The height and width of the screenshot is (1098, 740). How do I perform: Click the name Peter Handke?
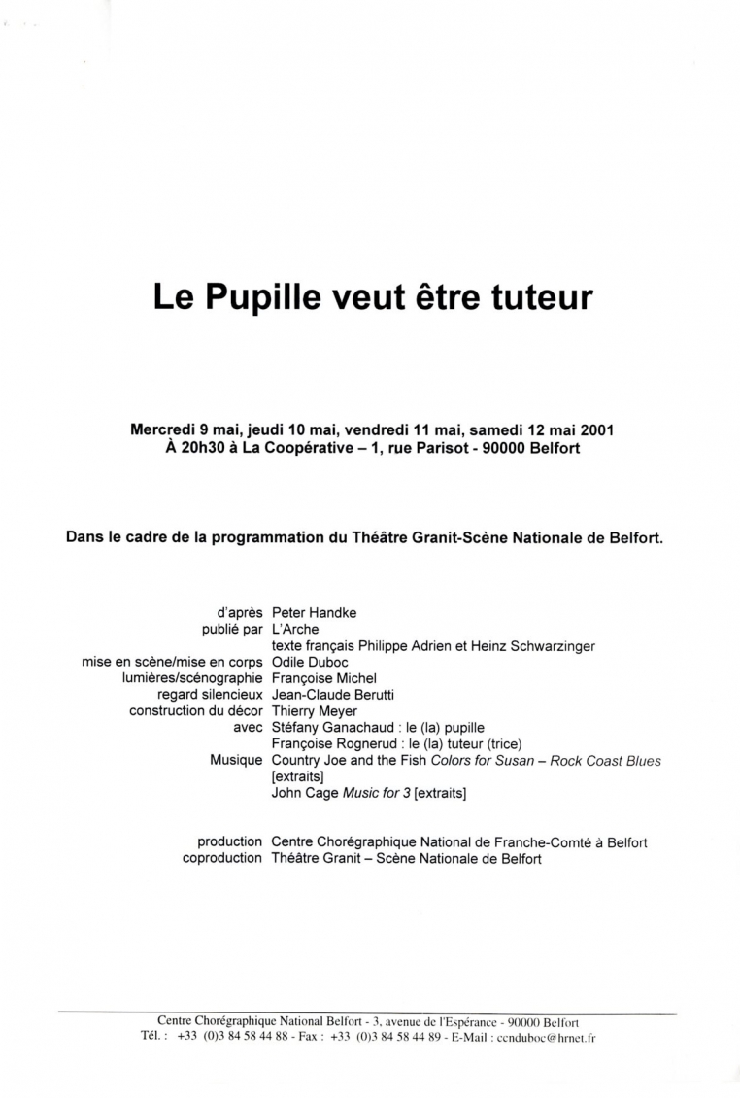[314, 613]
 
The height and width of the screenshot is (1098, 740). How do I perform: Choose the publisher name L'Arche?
[295, 630]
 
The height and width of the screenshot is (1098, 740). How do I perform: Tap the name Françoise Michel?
[324, 678]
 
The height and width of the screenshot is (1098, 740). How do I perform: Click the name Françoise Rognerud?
[331, 744]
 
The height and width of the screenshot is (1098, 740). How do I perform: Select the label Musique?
[236, 761]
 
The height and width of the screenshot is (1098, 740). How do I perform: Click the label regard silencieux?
[210, 695]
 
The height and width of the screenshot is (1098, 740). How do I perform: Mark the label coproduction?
[222, 858]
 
